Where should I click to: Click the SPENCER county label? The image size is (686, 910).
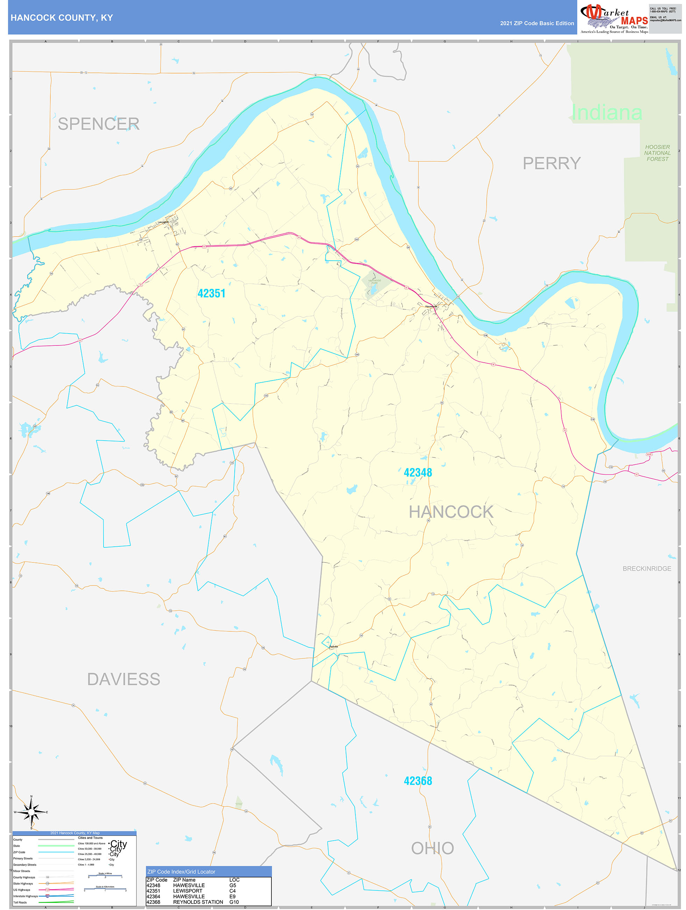98,124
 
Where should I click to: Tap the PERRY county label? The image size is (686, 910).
552,163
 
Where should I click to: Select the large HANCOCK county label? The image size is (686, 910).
451,512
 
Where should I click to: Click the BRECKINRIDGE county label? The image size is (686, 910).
646,568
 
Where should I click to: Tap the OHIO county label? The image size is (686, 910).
432,848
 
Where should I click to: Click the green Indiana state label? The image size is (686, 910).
607,112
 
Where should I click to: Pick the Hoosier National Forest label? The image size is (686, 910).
657,153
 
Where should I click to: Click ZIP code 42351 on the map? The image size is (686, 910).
211,293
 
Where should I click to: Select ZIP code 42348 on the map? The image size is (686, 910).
418,472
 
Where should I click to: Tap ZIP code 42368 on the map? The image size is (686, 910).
418,781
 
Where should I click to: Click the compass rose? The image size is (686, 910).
31,812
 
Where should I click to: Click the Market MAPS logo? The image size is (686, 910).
614,18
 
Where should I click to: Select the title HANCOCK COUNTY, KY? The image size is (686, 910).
62,18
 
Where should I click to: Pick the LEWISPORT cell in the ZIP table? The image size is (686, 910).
188,891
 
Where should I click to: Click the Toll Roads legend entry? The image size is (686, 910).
20,902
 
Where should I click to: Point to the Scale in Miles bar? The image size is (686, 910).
105,877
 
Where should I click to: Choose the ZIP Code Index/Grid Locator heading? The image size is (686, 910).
181,871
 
